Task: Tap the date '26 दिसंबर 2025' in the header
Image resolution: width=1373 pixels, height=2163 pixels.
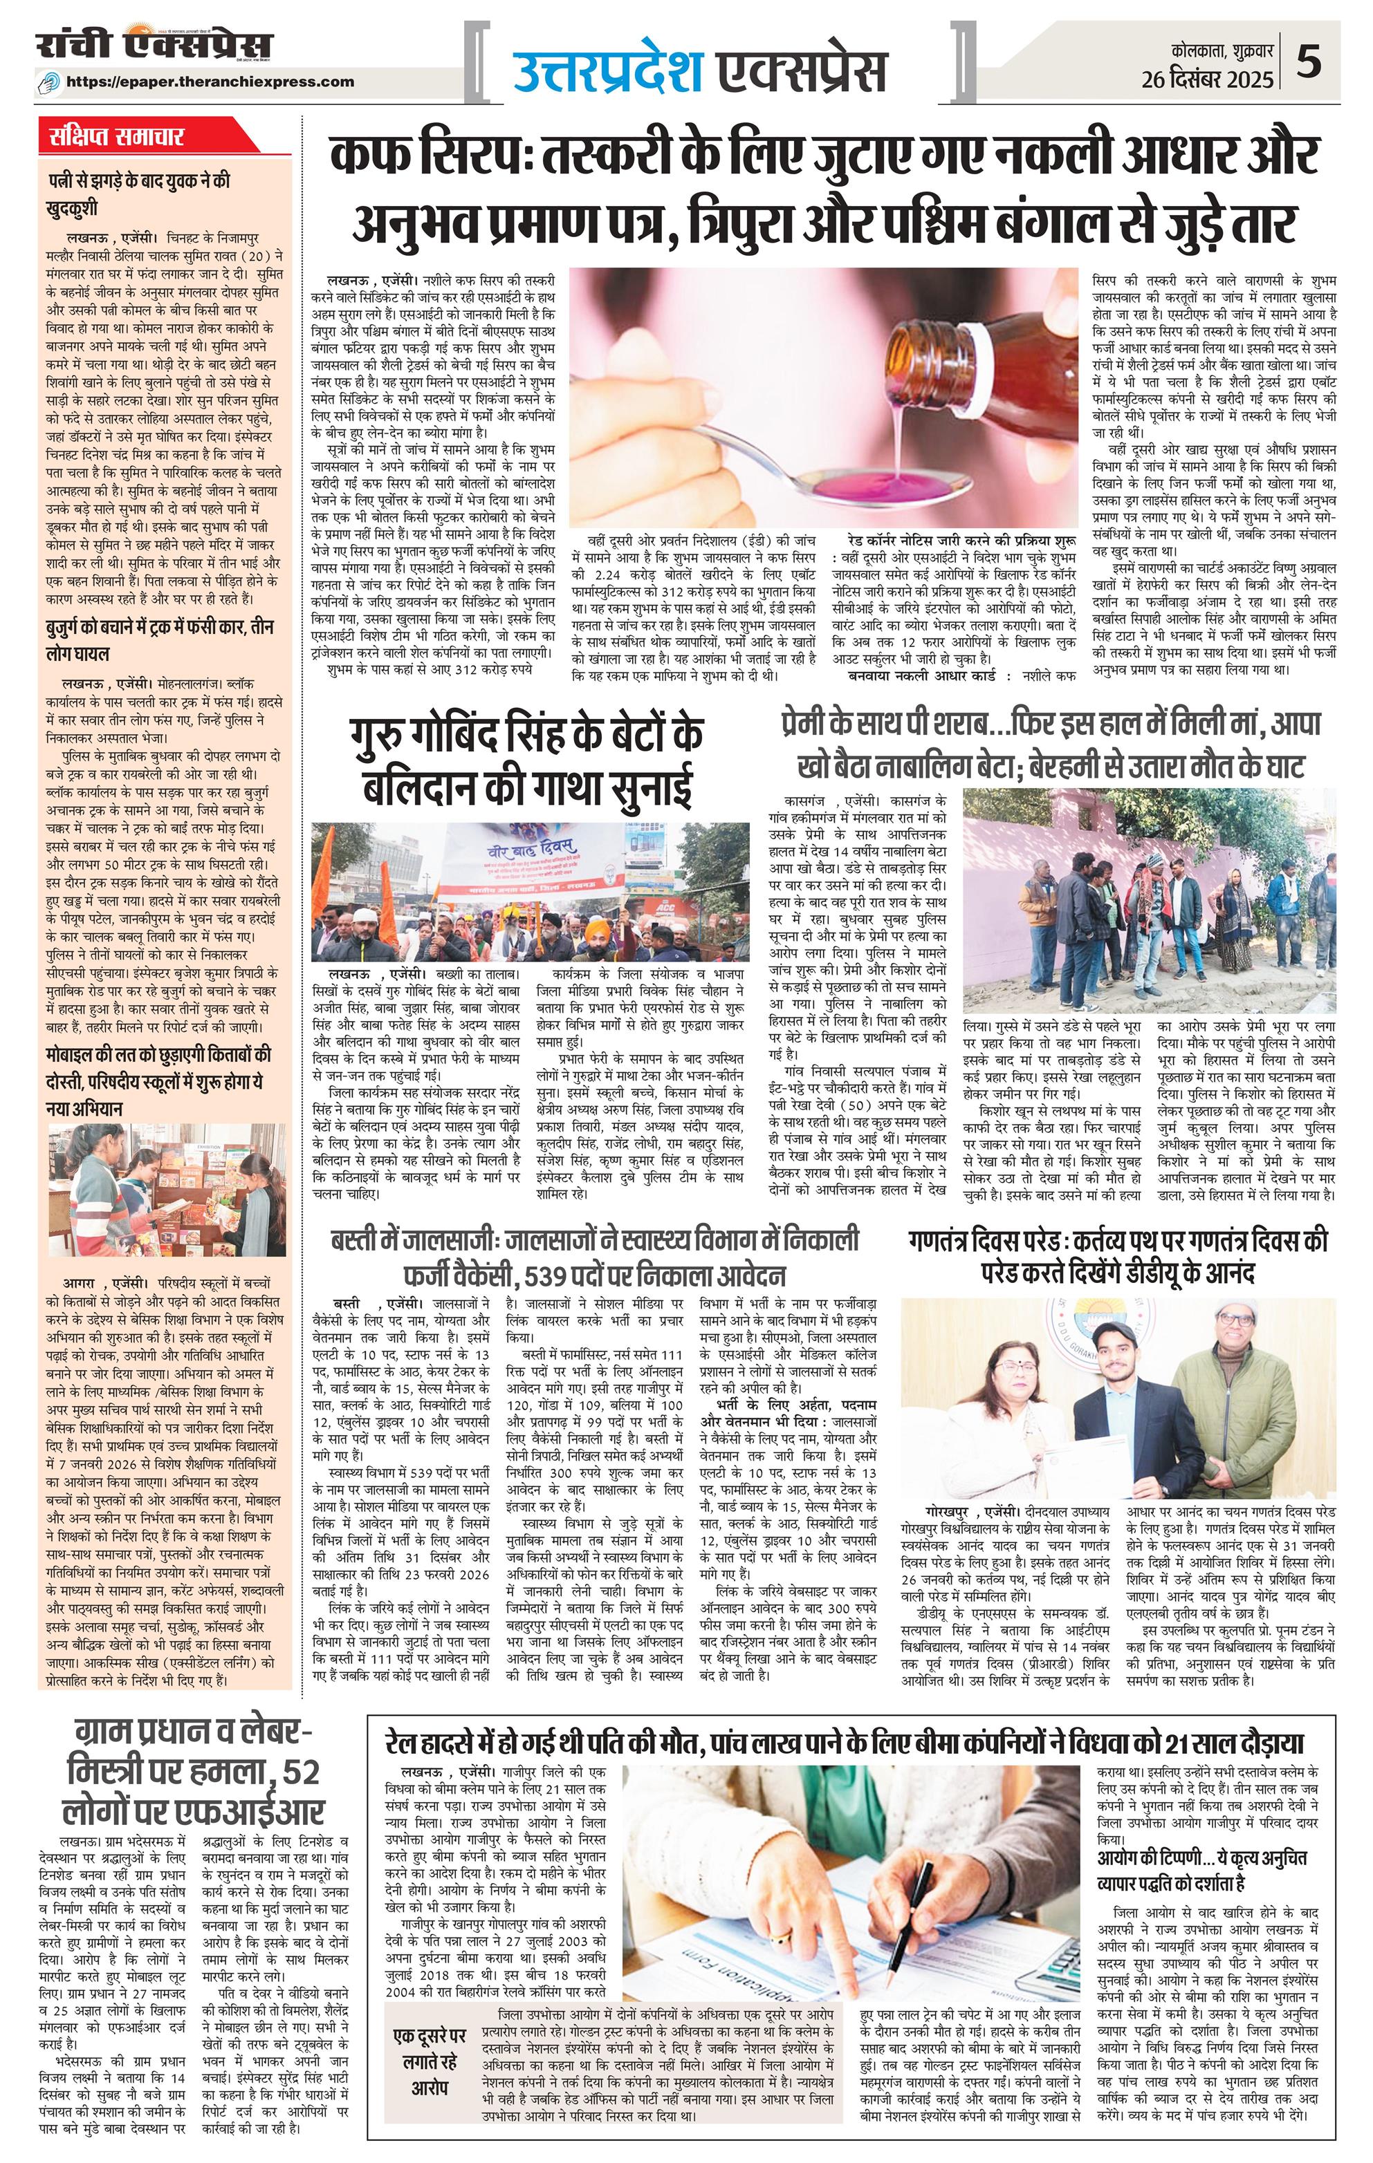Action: tap(1208, 80)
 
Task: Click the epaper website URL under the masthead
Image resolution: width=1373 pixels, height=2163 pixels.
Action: tap(222, 82)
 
